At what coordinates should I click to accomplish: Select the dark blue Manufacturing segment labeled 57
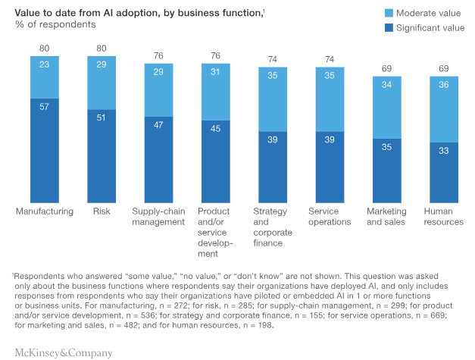44,148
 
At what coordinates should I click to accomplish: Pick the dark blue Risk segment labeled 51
101,155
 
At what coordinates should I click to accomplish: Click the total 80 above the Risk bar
101,49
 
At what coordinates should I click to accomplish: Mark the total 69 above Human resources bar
443,68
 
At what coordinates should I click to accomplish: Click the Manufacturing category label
44,211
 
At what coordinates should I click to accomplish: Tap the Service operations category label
330,217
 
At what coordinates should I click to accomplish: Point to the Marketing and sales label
386,217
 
